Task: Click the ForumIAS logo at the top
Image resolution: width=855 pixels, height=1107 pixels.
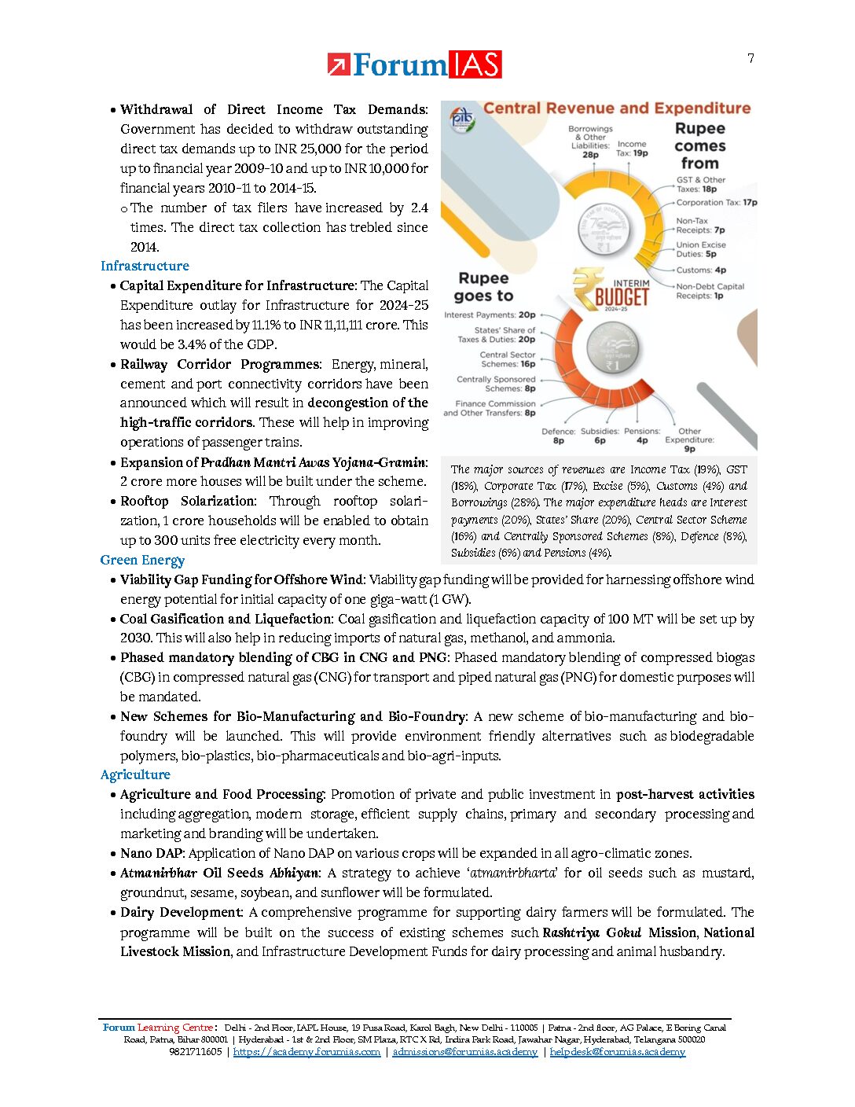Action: coord(414,64)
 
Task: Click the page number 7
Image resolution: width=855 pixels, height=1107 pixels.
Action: coord(750,58)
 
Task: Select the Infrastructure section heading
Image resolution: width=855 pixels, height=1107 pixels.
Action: coord(145,266)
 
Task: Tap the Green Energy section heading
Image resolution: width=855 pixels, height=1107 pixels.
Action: coord(142,560)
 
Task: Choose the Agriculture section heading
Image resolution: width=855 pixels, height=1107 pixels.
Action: coord(135,774)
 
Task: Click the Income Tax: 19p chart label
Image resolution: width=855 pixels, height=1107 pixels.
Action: coord(632,149)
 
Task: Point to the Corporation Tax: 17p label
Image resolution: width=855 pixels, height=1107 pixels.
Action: coord(717,203)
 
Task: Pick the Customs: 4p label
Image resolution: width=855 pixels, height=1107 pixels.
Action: coord(701,270)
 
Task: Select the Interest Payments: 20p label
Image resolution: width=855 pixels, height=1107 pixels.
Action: coord(490,314)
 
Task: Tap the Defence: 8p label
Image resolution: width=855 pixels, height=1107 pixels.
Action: coord(558,436)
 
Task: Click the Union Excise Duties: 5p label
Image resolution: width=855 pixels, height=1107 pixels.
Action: coord(701,249)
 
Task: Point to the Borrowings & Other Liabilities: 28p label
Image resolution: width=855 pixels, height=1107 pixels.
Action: coord(590,142)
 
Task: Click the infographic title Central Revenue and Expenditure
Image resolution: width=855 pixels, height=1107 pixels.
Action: coord(617,108)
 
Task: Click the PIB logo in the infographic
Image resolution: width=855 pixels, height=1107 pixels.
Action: coord(462,120)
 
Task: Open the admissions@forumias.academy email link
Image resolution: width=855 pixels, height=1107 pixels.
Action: coord(464,1052)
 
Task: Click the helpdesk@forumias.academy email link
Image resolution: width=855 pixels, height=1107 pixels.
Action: coord(617,1052)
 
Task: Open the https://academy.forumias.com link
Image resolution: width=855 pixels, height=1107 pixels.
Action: coord(306,1052)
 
